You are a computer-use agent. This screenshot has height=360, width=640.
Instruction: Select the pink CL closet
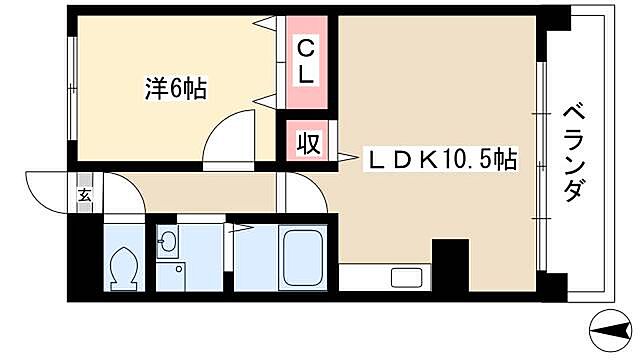[x=307, y=62]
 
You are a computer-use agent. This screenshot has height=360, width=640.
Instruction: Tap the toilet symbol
[x=123, y=267]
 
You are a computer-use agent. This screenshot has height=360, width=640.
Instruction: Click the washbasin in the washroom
[x=167, y=242]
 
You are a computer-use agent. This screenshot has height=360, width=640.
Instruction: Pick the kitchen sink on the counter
[x=405, y=279]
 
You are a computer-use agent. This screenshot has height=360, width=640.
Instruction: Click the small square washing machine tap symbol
[x=179, y=268]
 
